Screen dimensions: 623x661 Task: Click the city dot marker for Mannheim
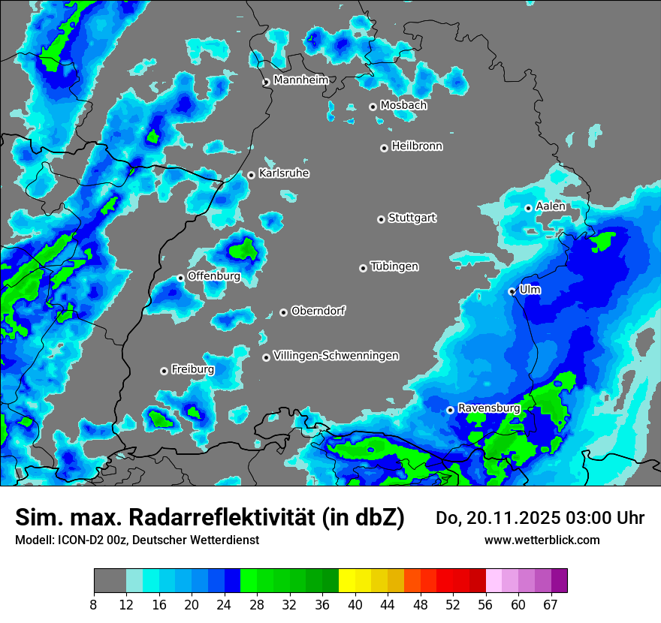tap(266, 83)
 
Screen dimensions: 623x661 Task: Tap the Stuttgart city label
tap(412, 218)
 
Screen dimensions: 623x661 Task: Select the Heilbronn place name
tap(417, 146)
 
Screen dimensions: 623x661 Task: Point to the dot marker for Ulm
tap(512, 291)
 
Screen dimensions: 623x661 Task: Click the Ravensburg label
tap(489, 408)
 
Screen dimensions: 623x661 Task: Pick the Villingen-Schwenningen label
tap(337, 356)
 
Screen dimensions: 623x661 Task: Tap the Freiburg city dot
tap(164, 371)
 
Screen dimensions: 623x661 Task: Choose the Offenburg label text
tap(214, 276)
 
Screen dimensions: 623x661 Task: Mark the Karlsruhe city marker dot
tap(252, 175)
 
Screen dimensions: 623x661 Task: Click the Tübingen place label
tap(394, 266)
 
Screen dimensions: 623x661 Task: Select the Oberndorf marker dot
tap(283, 312)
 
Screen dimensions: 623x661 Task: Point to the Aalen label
tap(551, 206)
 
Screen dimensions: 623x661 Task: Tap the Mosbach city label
tap(403, 106)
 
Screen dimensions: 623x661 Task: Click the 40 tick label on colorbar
tap(355, 605)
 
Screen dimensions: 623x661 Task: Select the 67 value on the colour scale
tap(551, 605)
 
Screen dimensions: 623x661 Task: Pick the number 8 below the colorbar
tap(94, 605)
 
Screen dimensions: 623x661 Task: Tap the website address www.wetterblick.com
tap(542, 540)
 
